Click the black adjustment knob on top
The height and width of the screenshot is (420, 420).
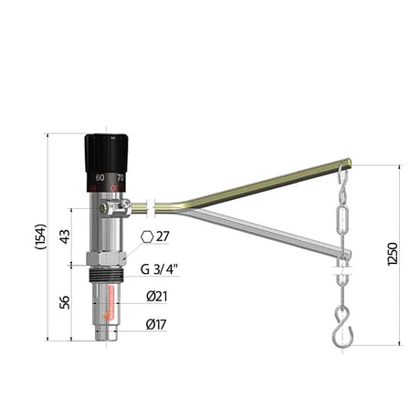(107, 151)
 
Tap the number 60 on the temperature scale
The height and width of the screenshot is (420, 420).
(100, 177)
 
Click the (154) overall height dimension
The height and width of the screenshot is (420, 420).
(41, 237)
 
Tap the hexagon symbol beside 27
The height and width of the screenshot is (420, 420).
(147, 236)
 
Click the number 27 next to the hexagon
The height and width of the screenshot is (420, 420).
(163, 236)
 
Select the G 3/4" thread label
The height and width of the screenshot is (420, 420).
(160, 268)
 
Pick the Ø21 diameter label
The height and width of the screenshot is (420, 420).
(156, 296)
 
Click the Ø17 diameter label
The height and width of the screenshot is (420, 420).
(156, 323)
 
